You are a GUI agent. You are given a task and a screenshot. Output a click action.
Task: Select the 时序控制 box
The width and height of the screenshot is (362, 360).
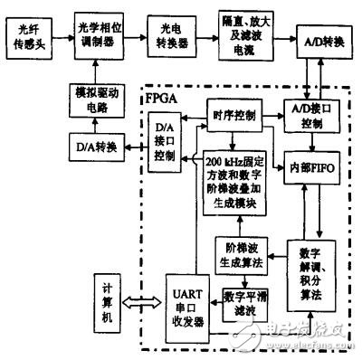point(235,116)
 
